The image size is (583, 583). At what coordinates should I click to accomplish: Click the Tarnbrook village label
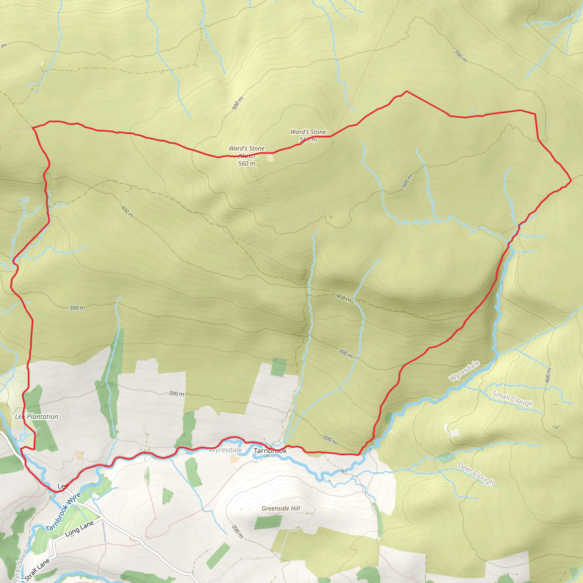(x=270, y=451)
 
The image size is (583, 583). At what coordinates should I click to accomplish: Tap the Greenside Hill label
(x=281, y=508)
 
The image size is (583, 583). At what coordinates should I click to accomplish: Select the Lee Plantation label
(x=36, y=417)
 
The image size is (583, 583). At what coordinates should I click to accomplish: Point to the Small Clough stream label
(x=512, y=399)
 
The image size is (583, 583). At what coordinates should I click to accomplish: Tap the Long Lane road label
(x=79, y=529)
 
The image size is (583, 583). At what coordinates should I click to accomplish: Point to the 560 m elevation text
(x=247, y=164)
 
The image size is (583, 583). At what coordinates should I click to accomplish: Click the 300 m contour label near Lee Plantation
(x=77, y=308)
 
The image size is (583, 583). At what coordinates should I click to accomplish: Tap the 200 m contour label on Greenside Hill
(x=237, y=531)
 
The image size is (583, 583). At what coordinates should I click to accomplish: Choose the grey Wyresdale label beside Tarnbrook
(x=225, y=450)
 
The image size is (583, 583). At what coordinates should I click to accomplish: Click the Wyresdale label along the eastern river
(x=464, y=371)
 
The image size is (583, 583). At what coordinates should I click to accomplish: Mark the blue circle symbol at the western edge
(x=26, y=200)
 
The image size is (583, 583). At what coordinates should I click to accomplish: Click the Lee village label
(x=62, y=486)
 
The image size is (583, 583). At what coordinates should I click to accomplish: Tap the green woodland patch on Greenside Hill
(x=268, y=522)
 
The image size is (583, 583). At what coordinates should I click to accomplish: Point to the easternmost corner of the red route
(x=571, y=180)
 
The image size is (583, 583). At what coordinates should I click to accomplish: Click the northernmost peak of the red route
(x=407, y=91)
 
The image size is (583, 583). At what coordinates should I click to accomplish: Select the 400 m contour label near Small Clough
(x=548, y=376)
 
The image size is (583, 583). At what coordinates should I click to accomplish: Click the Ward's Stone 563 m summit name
(x=308, y=132)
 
